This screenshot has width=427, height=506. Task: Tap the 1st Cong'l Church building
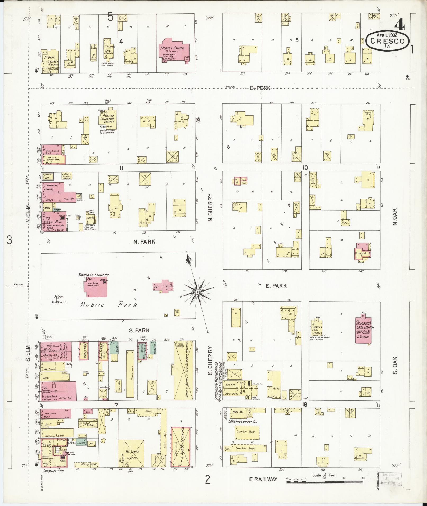[174, 48]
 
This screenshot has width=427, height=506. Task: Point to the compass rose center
[197, 292]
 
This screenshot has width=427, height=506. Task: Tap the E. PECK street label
[260, 88]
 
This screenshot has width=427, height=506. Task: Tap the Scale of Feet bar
[325, 482]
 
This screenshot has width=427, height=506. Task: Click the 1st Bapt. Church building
[50, 61]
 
